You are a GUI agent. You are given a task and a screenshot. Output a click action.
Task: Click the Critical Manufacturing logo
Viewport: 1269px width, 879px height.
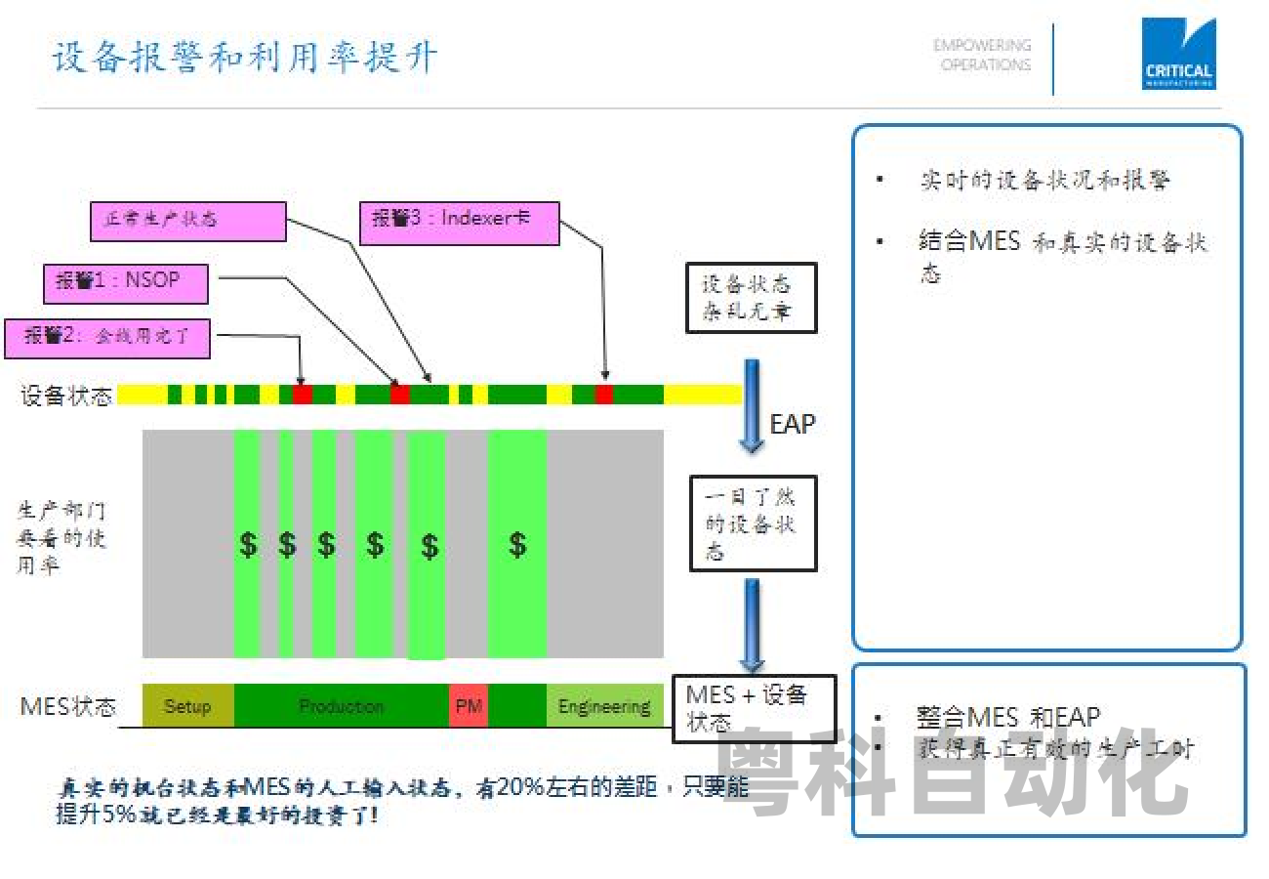[1178, 55]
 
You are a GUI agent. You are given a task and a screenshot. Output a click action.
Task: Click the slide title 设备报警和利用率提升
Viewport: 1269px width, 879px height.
[244, 58]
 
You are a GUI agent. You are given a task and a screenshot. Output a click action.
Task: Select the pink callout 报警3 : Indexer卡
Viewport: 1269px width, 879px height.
[460, 222]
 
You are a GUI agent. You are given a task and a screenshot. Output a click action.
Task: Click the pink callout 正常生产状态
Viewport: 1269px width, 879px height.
[188, 221]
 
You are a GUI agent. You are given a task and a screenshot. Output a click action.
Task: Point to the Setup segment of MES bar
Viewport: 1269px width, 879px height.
[187, 706]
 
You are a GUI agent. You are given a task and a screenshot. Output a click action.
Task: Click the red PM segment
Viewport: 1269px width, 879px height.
[469, 706]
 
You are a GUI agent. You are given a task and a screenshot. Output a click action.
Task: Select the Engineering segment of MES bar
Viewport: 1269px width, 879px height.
[604, 706]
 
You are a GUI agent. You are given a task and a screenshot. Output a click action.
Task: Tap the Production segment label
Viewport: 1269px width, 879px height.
[341, 706]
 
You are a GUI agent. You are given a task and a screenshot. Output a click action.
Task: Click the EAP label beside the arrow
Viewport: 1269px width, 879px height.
[792, 424]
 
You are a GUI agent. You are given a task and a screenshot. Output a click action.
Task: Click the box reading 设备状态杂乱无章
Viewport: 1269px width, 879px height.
[751, 298]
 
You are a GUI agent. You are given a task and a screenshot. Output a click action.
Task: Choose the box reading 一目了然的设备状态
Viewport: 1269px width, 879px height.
[752, 523]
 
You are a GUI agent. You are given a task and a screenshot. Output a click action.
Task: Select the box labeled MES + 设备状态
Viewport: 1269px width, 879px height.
[754, 708]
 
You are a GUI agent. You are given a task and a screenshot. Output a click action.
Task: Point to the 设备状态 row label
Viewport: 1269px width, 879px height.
[66, 396]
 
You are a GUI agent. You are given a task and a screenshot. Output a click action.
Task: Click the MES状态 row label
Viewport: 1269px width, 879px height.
[68, 706]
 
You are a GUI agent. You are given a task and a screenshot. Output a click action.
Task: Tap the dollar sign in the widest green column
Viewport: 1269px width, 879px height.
[517, 544]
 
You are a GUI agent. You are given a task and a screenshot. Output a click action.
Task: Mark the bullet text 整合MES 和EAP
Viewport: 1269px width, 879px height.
[1008, 718]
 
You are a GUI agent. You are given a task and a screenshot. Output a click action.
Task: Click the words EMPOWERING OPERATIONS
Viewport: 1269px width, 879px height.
[982, 55]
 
